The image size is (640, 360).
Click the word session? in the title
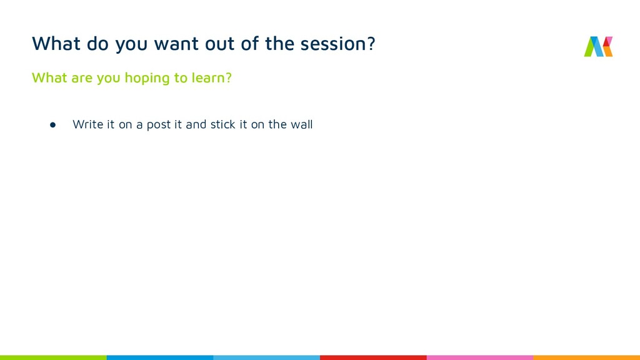coord(337,44)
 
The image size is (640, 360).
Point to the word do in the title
coord(97,43)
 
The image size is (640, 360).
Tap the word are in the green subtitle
coord(82,78)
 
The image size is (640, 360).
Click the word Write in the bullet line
coord(87,124)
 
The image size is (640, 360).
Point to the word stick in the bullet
coord(223,124)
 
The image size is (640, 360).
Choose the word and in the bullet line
coord(196,124)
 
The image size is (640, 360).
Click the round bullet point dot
coord(52,125)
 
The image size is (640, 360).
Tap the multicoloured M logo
coord(598,46)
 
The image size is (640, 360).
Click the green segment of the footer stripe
coord(53,357)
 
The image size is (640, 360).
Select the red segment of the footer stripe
coord(373,357)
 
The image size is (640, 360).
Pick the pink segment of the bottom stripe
coord(479,357)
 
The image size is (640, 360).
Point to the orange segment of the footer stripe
coord(586,357)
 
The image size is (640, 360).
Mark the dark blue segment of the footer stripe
coord(159,357)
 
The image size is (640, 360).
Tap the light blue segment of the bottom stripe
coord(266,357)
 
